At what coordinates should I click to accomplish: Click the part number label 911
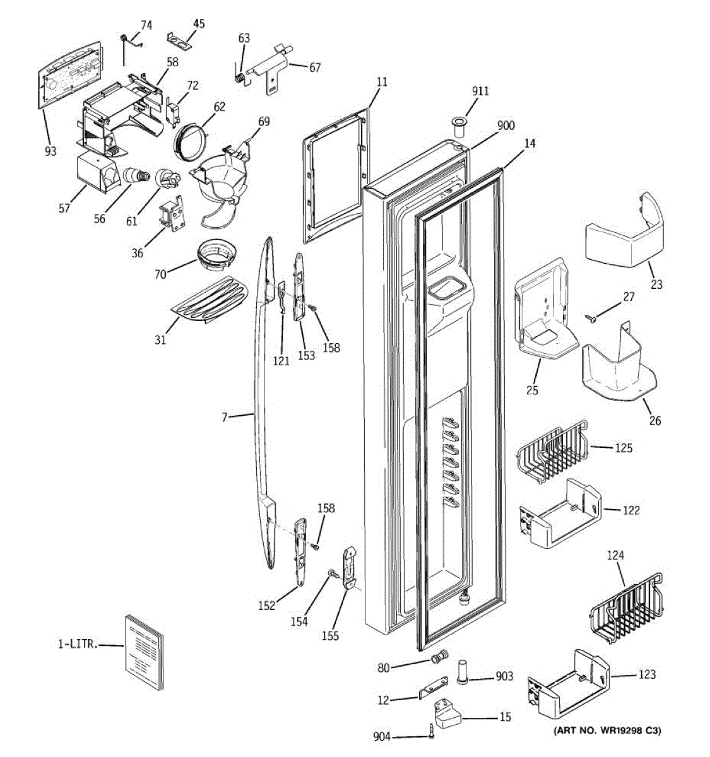click(x=480, y=91)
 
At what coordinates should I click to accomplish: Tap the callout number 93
click(x=50, y=151)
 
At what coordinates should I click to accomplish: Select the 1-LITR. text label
click(x=77, y=644)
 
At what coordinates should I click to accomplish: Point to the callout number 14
click(x=530, y=144)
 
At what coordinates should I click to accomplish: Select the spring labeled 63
click(x=240, y=75)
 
